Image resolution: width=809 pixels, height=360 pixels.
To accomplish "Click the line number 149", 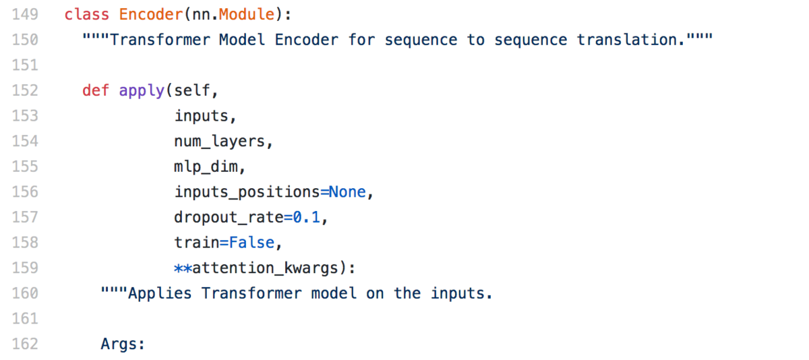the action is pyautogui.click(x=25, y=14).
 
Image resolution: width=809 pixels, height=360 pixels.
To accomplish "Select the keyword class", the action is pyautogui.click(x=87, y=14).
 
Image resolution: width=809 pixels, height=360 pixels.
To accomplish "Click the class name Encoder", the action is pyautogui.click(x=151, y=14).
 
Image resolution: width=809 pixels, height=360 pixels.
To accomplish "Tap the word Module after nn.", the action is pyautogui.click(x=247, y=14).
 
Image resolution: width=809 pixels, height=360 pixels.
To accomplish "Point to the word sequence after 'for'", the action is pyautogui.click(x=421, y=40).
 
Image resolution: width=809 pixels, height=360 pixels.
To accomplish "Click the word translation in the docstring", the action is pyautogui.click(x=626, y=40).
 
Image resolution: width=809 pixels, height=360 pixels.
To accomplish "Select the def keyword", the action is pyautogui.click(x=96, y=90).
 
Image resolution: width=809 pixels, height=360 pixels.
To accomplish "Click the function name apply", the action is pyautogui.click(x=142, y=91).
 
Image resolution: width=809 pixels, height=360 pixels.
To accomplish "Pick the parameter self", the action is pyautogui.click(x=191, y=90).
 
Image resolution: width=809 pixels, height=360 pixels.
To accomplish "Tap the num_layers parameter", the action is pyautogui.click(x=220, y=142).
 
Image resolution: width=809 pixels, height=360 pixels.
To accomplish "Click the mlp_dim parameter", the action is pyautogui.click(x=206, y=167).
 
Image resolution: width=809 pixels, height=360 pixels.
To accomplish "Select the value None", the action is pyautogui.click(x=347, y=191).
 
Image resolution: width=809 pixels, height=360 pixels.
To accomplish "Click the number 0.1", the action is pyautogui.click(x=306, y=217).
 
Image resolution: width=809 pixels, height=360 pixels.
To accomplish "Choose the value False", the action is pyautogui.click(x=251, y=242).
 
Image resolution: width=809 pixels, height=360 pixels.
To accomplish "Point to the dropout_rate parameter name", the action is pyautogui.click(x=229, y=217).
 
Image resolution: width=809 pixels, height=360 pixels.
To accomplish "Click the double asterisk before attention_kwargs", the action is pyautogui.click(x=183, y=268).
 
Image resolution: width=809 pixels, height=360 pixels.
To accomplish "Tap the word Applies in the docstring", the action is pyautogui.click(x=160, y=293).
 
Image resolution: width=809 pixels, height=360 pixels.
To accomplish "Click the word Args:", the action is pyautogui.click(x=123, y=344).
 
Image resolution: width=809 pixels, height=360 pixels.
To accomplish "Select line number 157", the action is pyautogui.click(x=25, y=217).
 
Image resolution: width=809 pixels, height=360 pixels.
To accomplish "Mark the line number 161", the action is pyautogui.click(x=25, y=319).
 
